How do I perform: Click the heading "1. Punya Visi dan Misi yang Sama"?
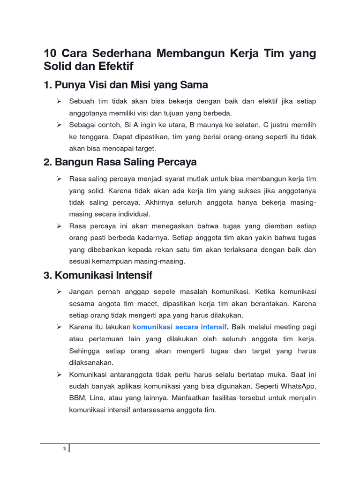click(x=126, y=85)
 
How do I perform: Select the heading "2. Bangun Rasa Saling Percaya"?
click(x=120, y=162)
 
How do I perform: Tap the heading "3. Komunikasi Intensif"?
click(x=98, y=275)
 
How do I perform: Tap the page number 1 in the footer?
click(x=64, y=449)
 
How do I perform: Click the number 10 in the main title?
click(x=50, y=54)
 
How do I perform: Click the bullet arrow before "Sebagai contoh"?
click(x=60, y=125)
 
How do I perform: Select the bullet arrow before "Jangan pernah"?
click(x=60, y=292)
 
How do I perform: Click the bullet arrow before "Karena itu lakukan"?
click(x=60, y=327)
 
